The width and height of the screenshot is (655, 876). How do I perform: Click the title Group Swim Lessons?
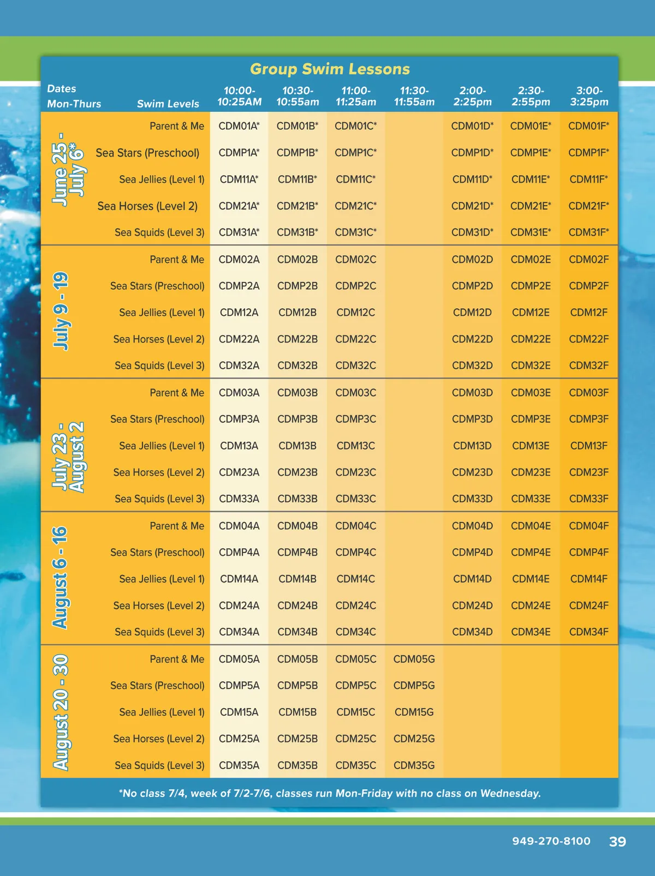coord(330,69)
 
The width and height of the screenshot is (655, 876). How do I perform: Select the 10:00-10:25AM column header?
coord(239,97)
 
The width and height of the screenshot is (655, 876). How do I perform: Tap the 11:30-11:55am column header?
coord(414,97)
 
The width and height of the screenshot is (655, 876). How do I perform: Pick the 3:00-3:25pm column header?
coord(589,97)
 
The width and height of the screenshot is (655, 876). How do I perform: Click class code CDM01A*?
coord(239,126)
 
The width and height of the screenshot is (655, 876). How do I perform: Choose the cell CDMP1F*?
coord(588,153)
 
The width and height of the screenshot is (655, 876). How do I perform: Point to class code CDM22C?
coord(355,339)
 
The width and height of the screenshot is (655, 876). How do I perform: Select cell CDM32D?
coord(472,365)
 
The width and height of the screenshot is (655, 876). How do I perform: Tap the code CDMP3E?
coord(531,419)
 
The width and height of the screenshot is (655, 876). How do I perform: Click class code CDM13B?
coord(297,446)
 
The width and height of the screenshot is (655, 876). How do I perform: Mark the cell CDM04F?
coord(588,526)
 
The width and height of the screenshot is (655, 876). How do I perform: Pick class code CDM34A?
coord(239,632)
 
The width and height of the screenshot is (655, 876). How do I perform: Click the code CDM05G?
coord(414,659)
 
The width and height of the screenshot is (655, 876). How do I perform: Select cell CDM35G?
coord(414,765)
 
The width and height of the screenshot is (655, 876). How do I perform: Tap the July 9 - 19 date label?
coord(61,311)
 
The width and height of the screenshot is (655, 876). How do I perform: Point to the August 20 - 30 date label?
coord(61,712)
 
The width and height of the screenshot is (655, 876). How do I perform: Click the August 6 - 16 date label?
coord(60,578)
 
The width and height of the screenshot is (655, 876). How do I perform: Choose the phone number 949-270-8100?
coord(551,841)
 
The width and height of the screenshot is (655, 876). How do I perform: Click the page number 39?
coord(617,842)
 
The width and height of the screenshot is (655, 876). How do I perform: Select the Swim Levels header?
coord(168,104)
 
